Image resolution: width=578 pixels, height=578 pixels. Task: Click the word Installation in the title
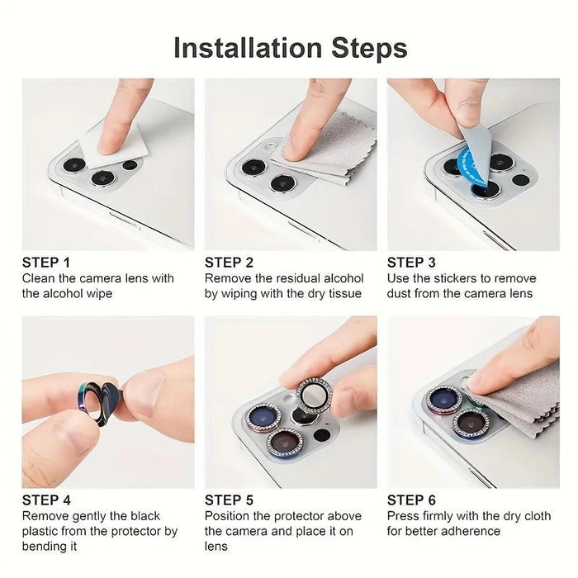pyautogui.click(x=248, y=48)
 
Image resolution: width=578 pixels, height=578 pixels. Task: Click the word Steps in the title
pyautogui.click(x=369, y=48)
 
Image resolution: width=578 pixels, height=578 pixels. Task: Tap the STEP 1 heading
pyautogui.click(x=46, y=263)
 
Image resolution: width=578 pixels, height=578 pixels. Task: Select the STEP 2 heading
pyautogui.click(x=229, y=263)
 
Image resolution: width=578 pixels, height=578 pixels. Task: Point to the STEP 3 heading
pyautogui.click(x=411, y=263)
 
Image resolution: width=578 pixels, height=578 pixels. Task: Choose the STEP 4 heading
pyautogui.click(x=46, y=500)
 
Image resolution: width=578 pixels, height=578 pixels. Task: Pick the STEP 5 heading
pyautogui.click(x=229, y=500)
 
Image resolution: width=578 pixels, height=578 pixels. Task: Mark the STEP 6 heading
pyautogui.click(x=411, y=500)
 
